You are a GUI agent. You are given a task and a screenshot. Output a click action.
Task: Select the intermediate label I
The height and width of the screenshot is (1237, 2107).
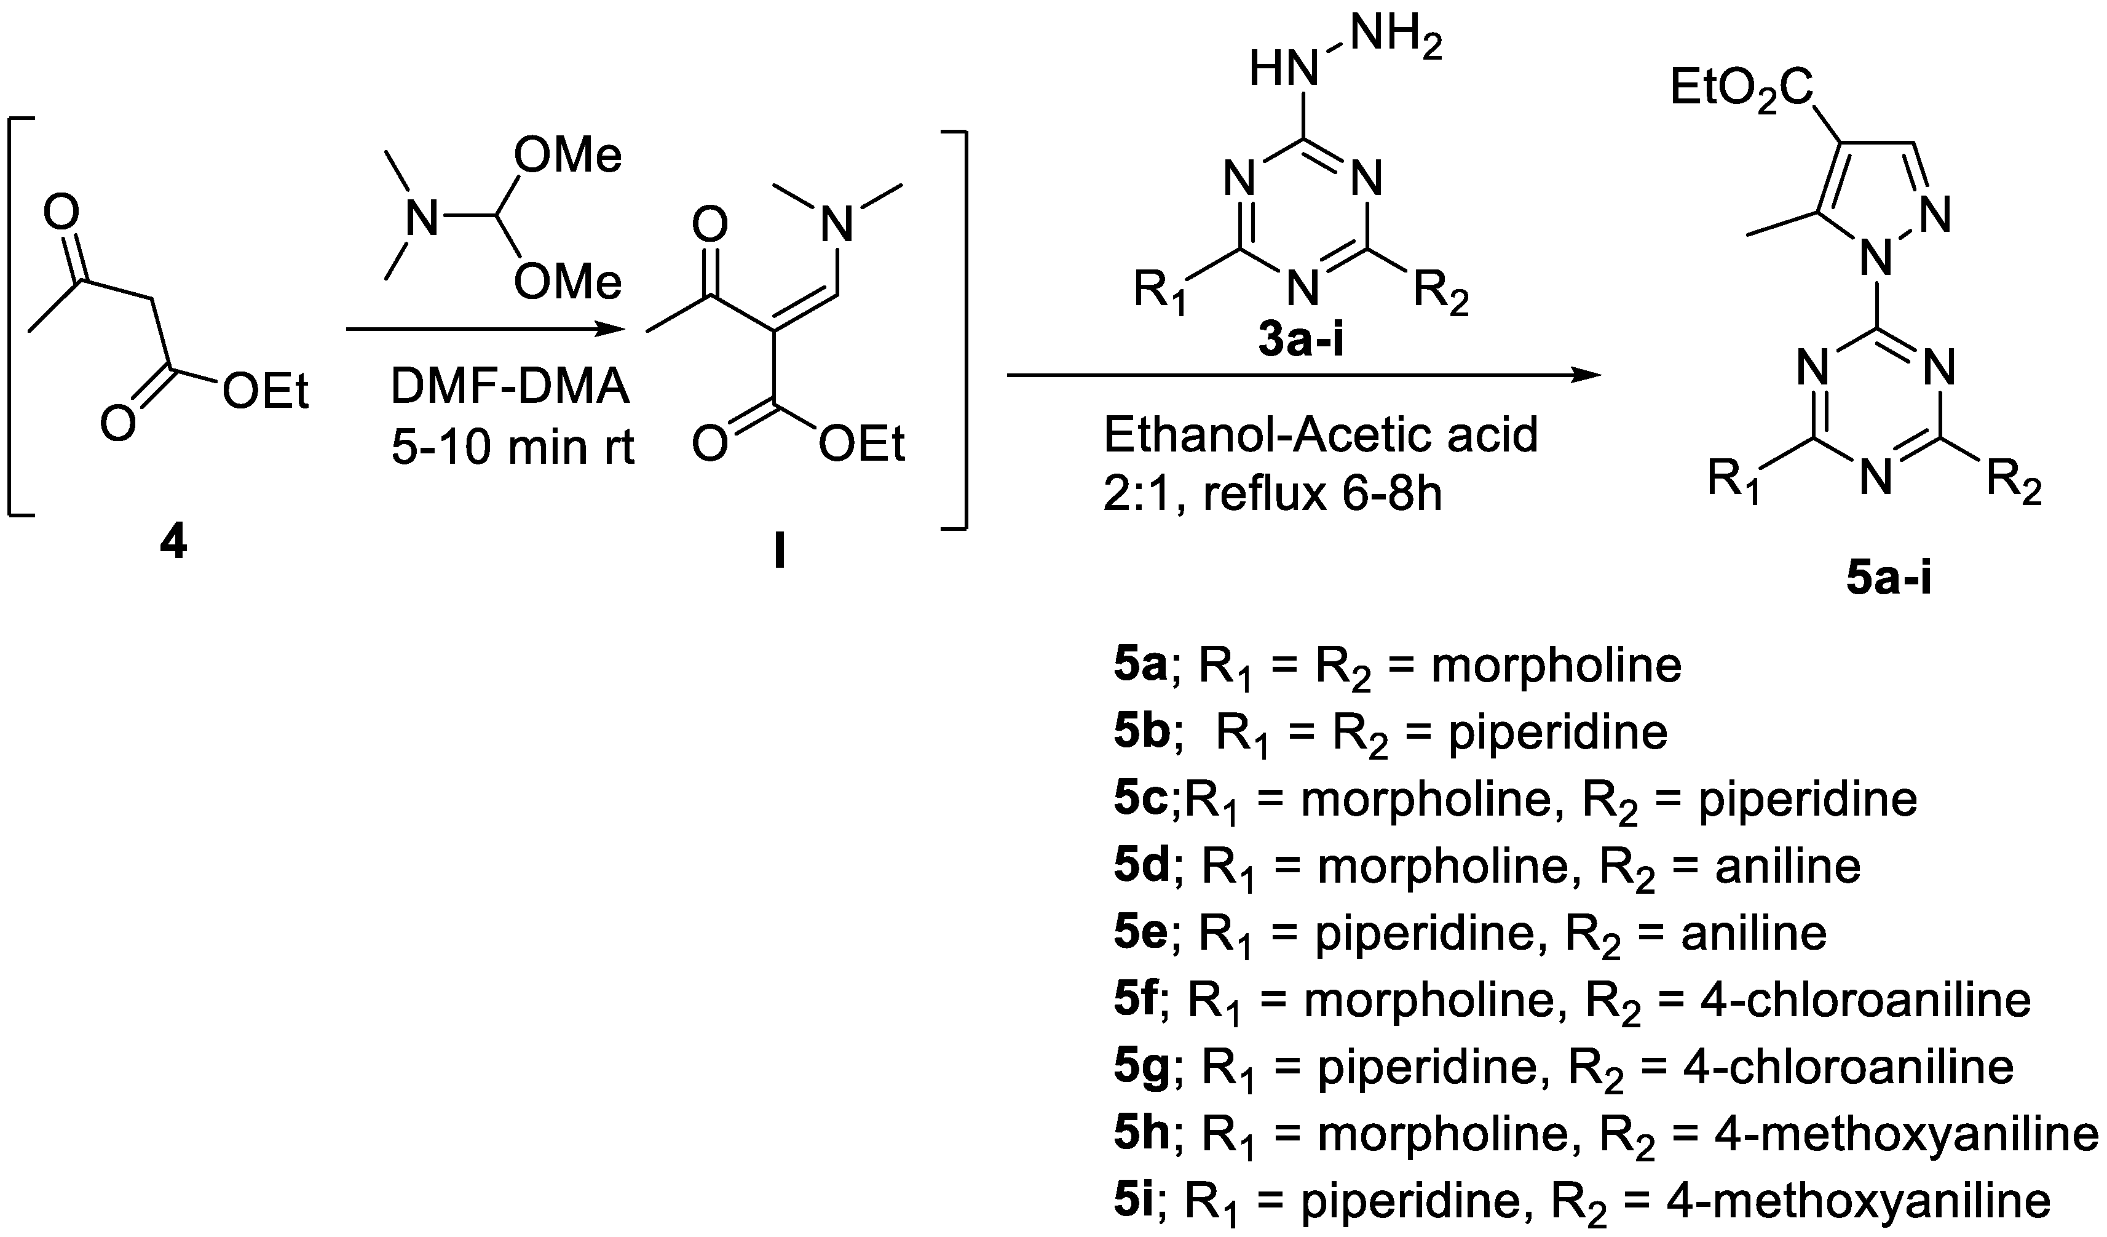[779, 553]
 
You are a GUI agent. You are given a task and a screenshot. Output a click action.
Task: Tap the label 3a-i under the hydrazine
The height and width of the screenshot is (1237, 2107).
[1302, 341]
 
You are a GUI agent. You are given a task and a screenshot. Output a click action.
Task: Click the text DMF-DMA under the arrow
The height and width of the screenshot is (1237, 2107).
[510, 388]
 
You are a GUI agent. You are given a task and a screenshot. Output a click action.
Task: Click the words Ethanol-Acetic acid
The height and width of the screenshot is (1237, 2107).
[1321, 435]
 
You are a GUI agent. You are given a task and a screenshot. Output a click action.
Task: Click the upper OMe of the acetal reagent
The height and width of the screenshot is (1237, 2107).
[567, 156]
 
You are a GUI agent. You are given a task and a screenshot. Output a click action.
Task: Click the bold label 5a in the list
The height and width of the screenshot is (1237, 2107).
[1140, 666]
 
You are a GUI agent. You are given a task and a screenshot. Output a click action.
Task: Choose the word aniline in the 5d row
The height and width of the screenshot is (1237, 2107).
[1788, 867]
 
